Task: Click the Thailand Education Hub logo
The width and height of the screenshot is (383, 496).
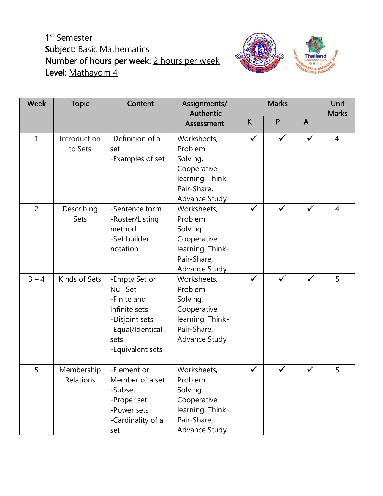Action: coord(315,55)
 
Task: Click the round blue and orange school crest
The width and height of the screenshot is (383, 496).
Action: coord(259,53)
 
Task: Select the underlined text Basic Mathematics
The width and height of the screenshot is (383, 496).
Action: coord(113,49)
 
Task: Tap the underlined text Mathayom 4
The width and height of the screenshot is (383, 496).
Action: coord(93,72)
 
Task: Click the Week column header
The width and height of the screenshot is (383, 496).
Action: coord(37,104)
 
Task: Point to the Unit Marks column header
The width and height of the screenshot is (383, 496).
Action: coord(337,109)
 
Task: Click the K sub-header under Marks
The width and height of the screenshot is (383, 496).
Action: coord(249,122)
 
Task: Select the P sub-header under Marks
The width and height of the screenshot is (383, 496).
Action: coord(278,122)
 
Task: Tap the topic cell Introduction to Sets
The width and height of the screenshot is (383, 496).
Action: coord(80,144)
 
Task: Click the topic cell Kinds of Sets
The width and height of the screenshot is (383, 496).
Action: coord(80,279)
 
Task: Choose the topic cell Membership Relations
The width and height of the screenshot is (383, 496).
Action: coord(80,375)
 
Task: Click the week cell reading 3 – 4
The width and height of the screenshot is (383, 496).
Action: coord(36,279)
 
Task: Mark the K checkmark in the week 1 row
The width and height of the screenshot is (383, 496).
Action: coord(254,138)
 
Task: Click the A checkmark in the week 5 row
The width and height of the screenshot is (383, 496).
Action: coord(310,369)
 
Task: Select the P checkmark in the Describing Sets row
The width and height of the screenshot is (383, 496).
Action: coord(282,208)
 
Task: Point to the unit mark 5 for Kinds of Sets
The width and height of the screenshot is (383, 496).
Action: coord(337,279)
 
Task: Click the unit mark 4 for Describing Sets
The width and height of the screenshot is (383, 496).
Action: coord(337,209)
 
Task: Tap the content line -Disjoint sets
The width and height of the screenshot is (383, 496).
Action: coord(132,319)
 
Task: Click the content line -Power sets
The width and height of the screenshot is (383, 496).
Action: coord(129,410)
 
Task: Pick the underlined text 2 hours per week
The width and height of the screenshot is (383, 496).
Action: coord(186,61)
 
